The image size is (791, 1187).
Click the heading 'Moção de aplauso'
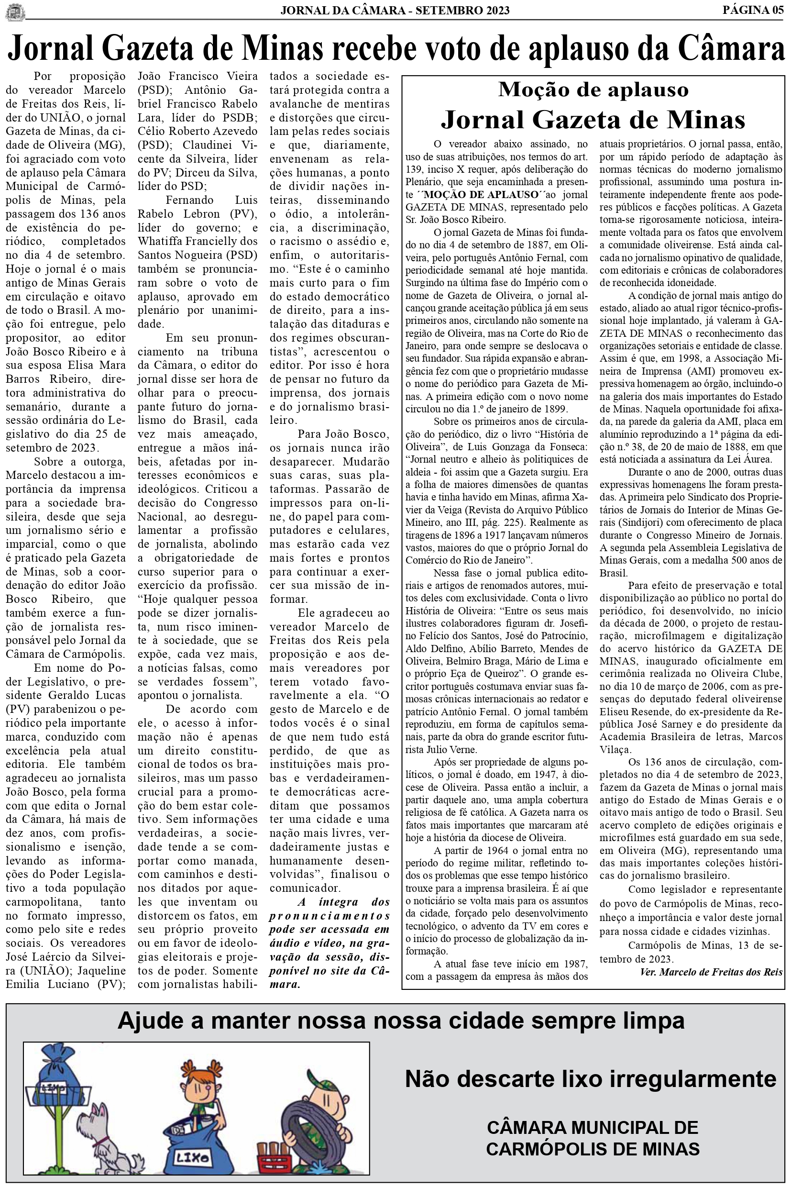[593, 90]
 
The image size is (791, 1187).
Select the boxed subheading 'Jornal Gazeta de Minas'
[593, 120]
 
